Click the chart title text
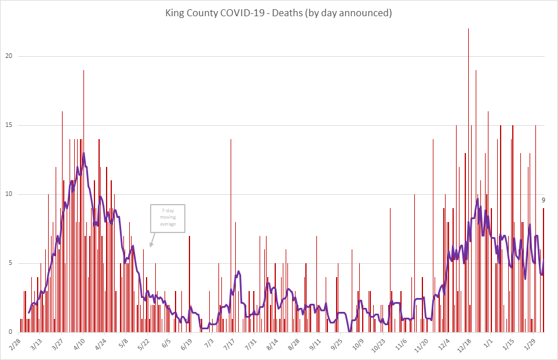tap(279, 13)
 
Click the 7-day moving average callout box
tap(167, 219)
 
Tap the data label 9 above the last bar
tap(544, 200)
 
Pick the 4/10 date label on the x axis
tap(79, 344)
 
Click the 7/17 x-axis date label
tap(228, 344)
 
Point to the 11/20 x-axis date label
tap(420, 344)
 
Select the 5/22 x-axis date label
tap(143, 344)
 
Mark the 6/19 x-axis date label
tap(186, 344)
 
